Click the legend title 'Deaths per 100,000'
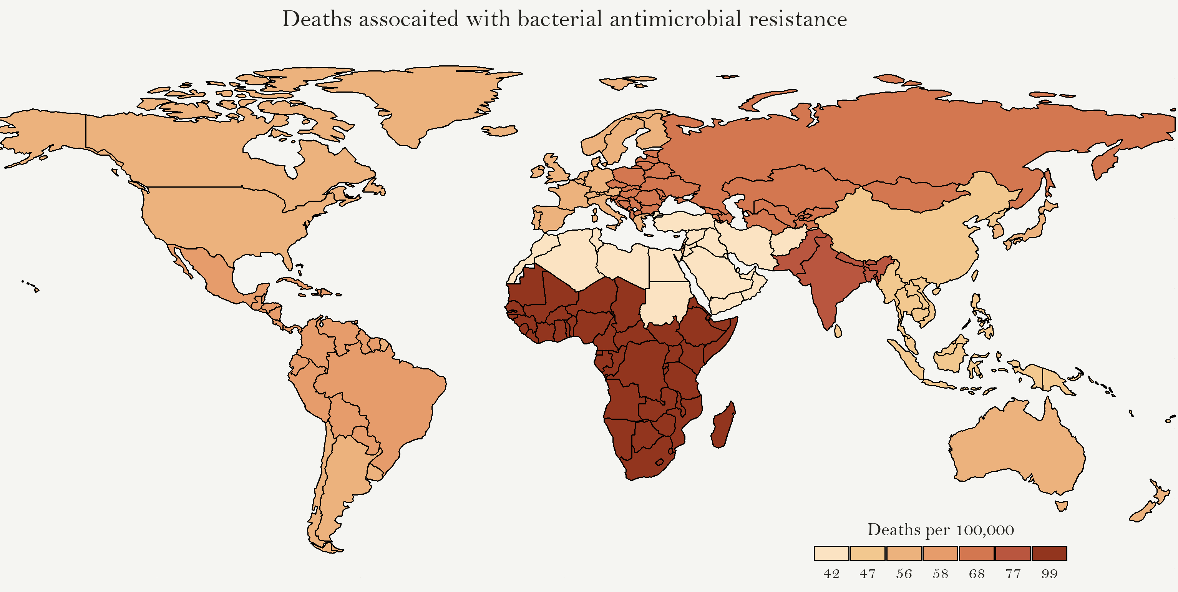click(x=940, y=530)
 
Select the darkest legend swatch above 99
click(x=1049, y=553)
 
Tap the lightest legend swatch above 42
click(x=831, y=553)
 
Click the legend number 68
click(x=976, y=574)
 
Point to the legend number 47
click(x=867, y=574)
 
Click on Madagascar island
click(x=723, y=426)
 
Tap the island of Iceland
click(x=501, y=131)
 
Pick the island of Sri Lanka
click(x=838, y=331)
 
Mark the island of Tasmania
click(x=1061, y=506)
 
